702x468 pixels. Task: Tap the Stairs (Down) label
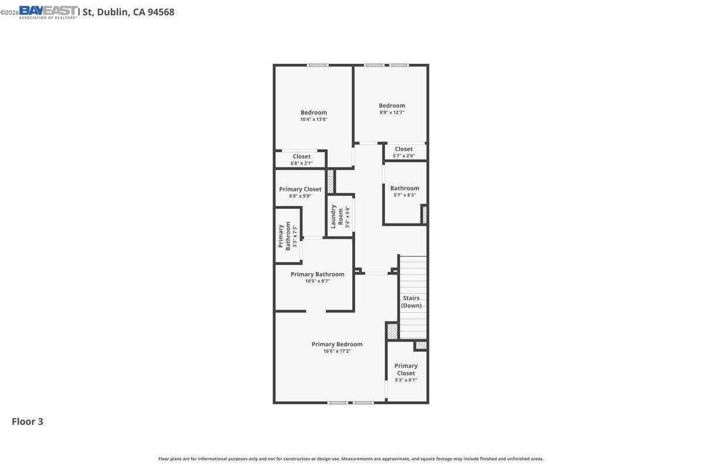(x=411, y=302)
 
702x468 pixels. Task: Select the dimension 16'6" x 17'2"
(x=337, y=351)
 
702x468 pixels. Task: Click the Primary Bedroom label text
(x=337, y=344)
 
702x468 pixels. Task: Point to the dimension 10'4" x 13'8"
(x=314, y=119)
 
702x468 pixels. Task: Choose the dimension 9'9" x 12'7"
(x=391, y=112)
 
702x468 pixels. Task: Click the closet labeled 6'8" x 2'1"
(x=301, y=159)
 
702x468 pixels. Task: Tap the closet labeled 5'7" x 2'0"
(x=404, y=152)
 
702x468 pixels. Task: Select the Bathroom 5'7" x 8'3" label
(x=404, y=191)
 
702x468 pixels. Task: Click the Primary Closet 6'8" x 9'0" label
(x=300, y=192)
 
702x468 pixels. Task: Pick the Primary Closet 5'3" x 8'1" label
(x=406, y=373)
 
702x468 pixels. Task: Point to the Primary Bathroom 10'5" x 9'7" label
(x=317, y=277)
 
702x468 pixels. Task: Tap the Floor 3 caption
(x=27, y=421)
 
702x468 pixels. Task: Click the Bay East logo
(x=48, y=12)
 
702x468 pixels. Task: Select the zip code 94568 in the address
(x=161, y=12)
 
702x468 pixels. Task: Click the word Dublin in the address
(x=112, y=12)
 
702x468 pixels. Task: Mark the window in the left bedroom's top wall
(x=318, y=65)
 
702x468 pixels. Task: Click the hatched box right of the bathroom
(x=424, y=214)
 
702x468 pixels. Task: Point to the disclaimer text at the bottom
(x=351, y=459)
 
